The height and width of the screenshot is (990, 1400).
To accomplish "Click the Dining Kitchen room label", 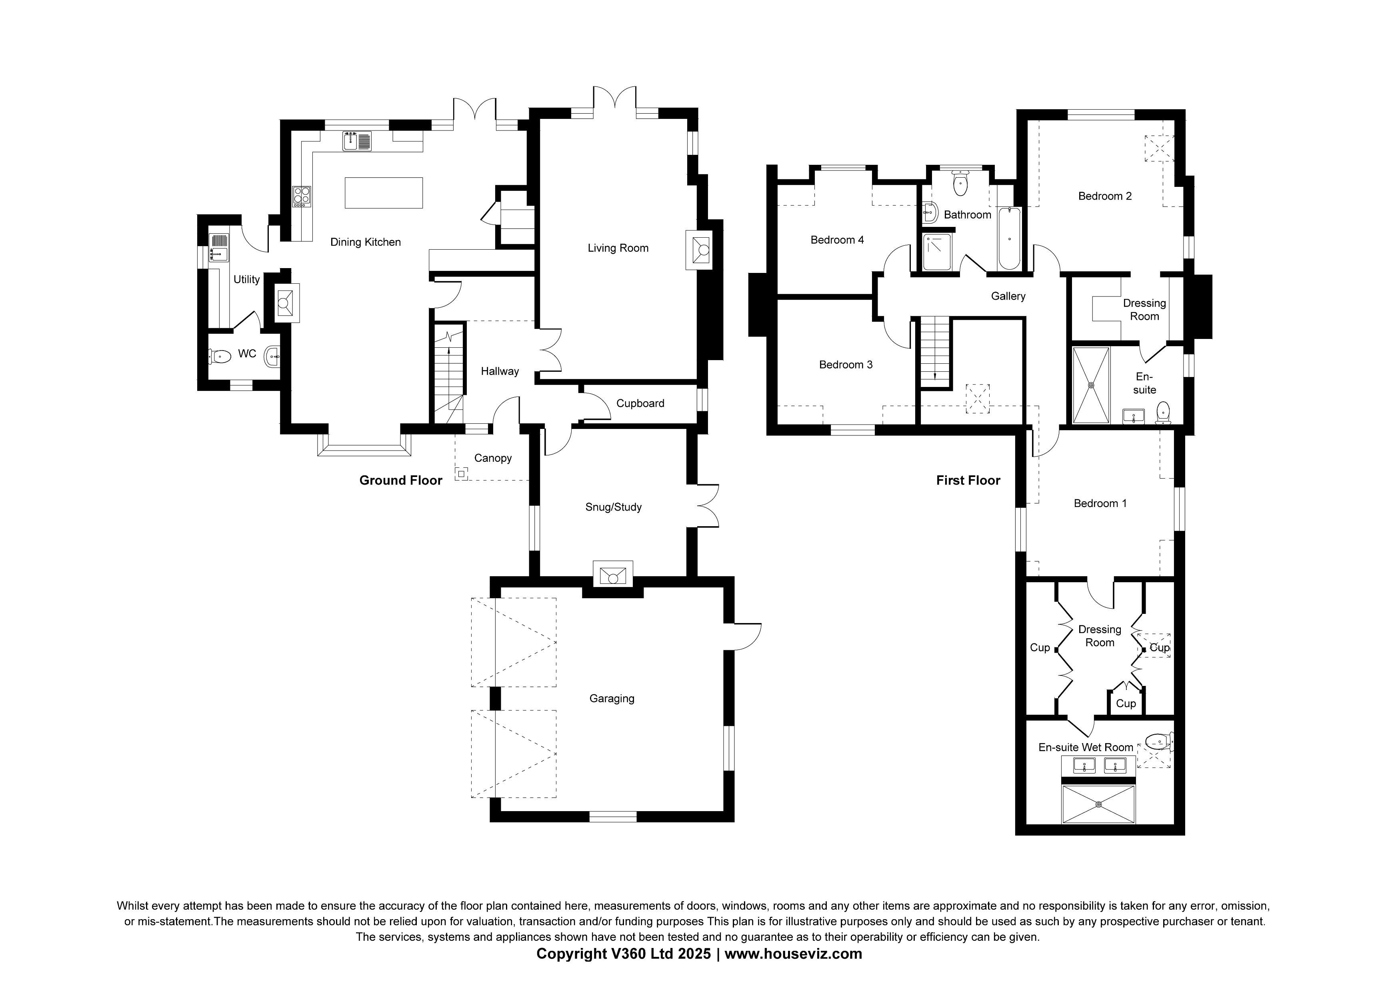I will pyautogui.click(x=365, y=242).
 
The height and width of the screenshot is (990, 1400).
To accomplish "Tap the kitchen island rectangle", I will pyautogui.click(x=384, y=193).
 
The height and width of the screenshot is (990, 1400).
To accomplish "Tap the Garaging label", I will pyautogui.click(x=612, y=698).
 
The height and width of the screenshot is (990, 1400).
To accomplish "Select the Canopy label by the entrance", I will pyautogui.click(x=493, y=458).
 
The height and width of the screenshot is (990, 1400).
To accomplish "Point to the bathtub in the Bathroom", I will pyautogui.click(x=1009, y=238).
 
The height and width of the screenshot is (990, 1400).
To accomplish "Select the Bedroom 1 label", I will pyautogui.click(x=1100, y=503).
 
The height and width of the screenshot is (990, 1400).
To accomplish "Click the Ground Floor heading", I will pyautogui.click(x=401, y=480).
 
